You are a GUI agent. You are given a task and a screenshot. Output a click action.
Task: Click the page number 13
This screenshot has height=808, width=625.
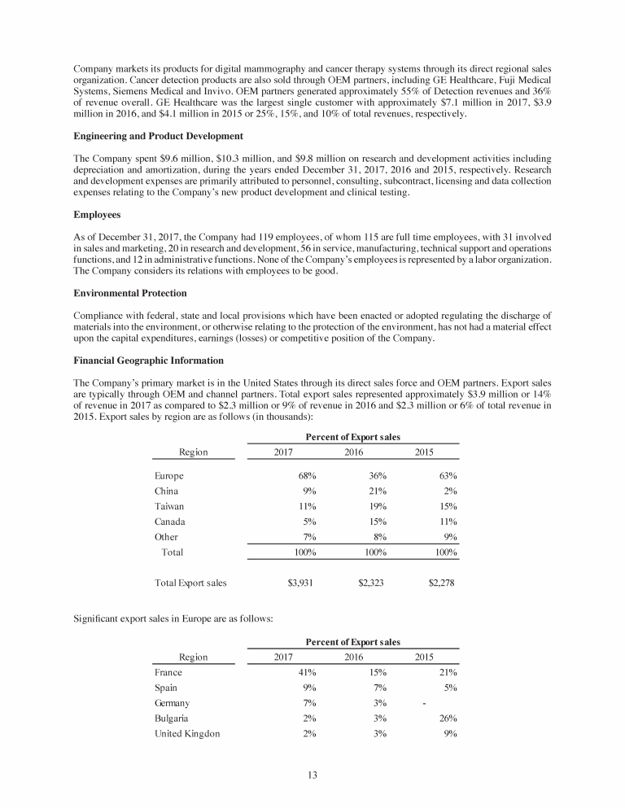click(x=312, y=773)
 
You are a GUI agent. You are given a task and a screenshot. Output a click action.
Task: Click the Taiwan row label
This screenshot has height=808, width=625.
click(x=169, y=506)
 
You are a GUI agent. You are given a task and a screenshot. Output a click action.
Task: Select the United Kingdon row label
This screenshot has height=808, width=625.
click(x=186, y=734)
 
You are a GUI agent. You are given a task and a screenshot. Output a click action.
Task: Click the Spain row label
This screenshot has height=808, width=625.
click(x=168, y=688)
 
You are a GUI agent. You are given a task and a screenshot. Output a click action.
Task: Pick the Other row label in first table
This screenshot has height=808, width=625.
click(x=166, y=537)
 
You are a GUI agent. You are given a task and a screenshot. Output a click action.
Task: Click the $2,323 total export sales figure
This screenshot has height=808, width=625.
click(x=373, y=583)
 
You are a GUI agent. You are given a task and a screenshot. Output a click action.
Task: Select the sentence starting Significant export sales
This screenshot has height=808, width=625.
click(x=173, y=620)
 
